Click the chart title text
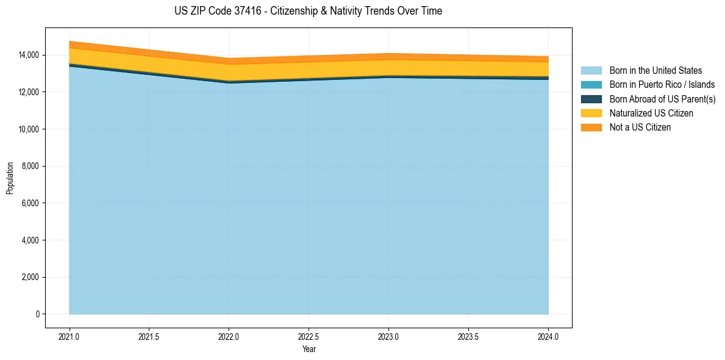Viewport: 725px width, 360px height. (308, 11)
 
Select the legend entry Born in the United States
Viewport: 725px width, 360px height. (655, 71)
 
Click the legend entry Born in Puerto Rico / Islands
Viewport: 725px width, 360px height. (662, 85)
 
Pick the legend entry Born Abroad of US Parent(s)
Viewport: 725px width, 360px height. (662, 99)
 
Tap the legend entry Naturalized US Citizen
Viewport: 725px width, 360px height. (651, 113)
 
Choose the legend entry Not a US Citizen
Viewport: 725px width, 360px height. (640, 128)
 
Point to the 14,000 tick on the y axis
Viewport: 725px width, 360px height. (29, 55)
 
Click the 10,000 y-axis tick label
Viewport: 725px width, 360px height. (29, 129)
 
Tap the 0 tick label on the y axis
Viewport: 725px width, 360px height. (37, 314)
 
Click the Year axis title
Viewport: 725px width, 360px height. (309, 349)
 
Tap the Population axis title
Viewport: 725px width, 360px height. (10, 178)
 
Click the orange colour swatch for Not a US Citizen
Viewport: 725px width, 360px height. (591, 128)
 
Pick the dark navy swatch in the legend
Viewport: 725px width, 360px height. (591, 99)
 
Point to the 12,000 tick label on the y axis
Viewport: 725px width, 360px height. (29, 92)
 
